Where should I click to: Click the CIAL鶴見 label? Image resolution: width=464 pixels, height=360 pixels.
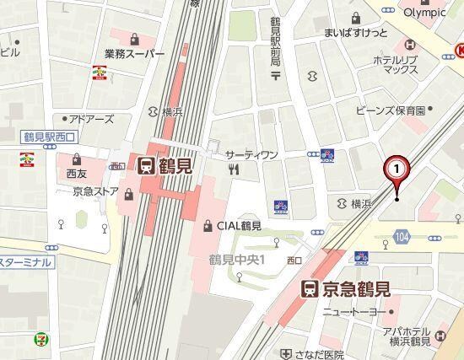[x=238, y=225]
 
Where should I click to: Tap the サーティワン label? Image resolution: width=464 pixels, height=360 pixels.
[x=251, y=155]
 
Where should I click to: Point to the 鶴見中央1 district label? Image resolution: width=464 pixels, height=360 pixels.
[x=237, y=260]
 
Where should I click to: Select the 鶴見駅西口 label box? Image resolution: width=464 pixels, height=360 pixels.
[x=49, y=136]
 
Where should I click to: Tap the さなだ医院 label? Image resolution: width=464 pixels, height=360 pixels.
[x=320, y=354]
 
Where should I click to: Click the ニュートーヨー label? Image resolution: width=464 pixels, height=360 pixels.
[x=353, y=313]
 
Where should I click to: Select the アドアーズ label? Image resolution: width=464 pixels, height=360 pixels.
[x=90, y=119]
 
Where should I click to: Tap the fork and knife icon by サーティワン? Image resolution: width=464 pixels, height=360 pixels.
[x=234, y=169]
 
